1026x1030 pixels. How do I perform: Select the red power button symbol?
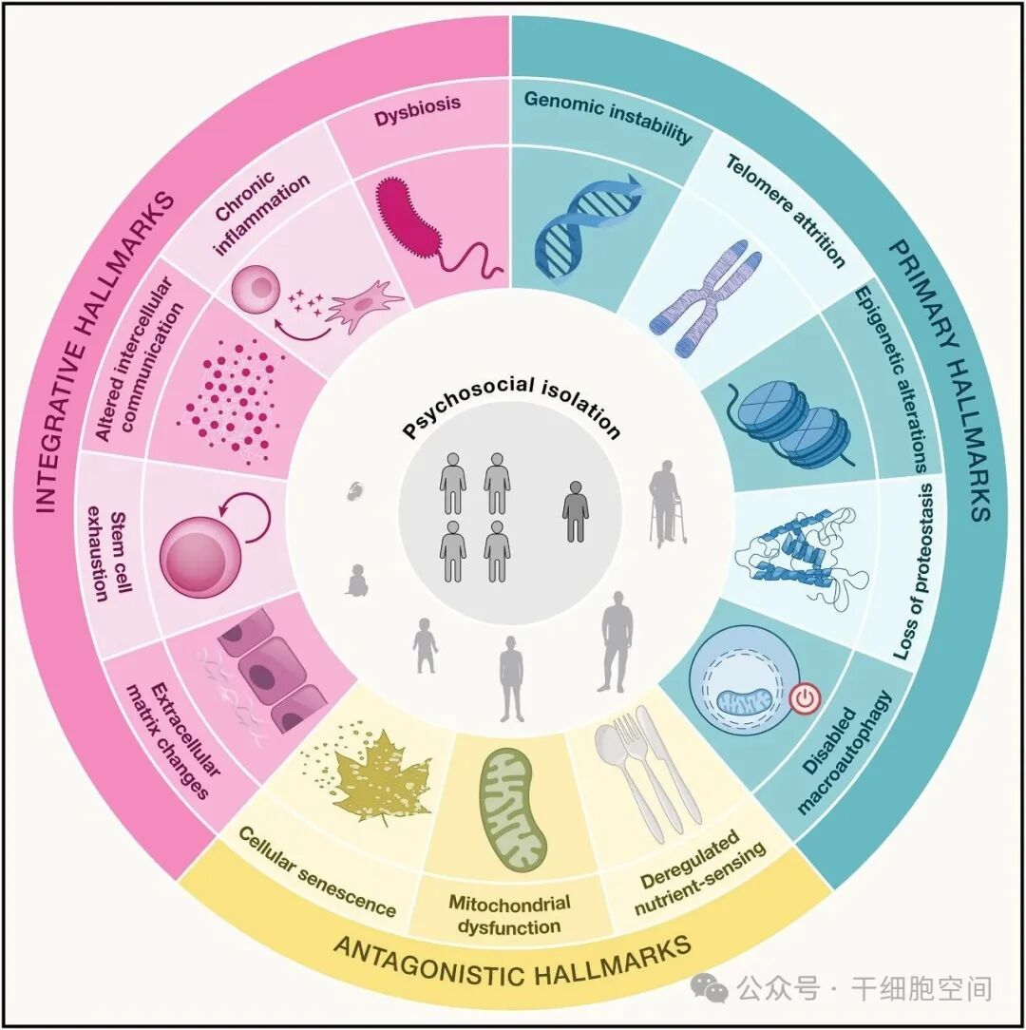pos(804,700)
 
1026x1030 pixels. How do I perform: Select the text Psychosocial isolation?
pos(511,414)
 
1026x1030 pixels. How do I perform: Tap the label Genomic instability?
pos(608,116)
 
